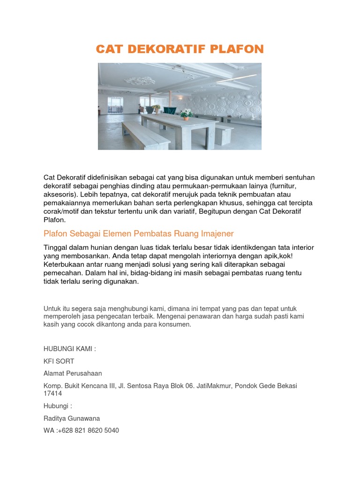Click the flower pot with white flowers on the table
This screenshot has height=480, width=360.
click(x=187, y=114)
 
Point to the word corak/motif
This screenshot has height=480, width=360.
click(x=61, y=211)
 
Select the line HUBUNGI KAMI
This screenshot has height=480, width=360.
click(x=69, y=349)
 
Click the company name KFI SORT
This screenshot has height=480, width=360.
click(x=59, y=361)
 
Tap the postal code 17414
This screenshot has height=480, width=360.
click(x=53, y=394)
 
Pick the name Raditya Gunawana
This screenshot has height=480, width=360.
click(x=72, y=418)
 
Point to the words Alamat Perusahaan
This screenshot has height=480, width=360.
click(x=73, y=374)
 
